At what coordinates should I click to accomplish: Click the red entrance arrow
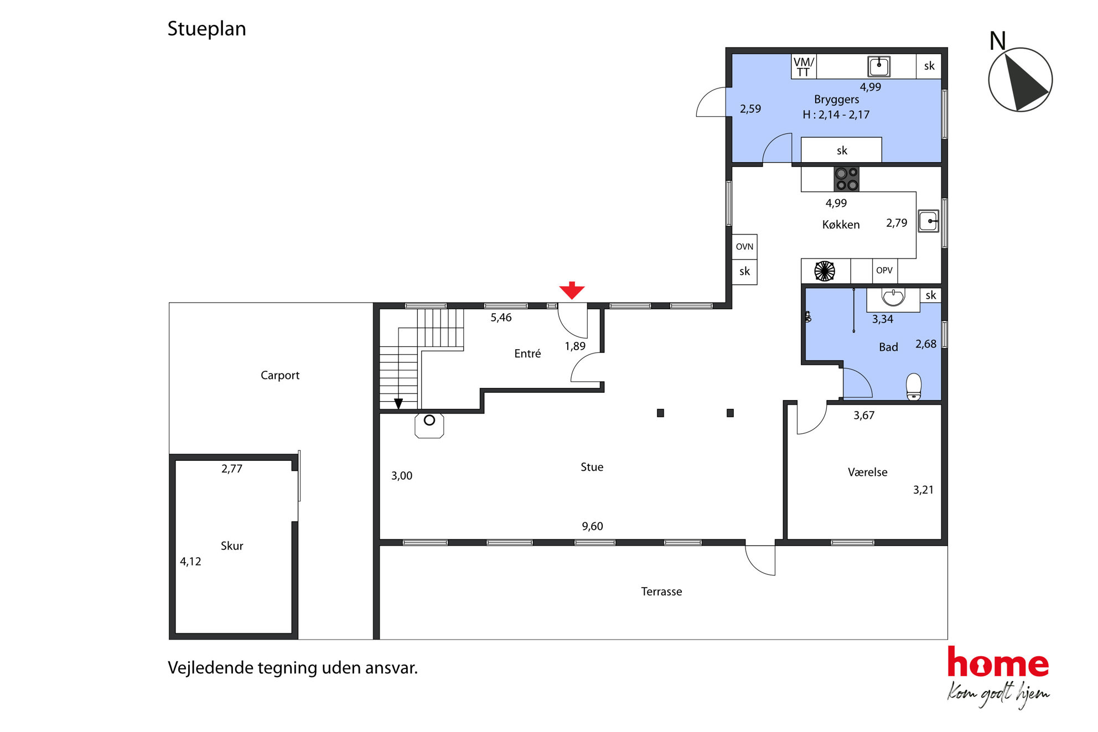572,290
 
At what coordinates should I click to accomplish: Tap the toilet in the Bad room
914,386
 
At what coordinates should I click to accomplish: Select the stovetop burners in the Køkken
846,179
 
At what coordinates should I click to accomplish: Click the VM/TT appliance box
804,66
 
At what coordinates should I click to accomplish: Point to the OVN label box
744,247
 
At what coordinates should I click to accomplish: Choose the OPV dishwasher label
884,271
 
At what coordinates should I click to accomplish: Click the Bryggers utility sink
879,66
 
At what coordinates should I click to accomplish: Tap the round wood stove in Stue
429,425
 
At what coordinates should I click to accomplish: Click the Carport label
280,375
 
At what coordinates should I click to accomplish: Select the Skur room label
232,546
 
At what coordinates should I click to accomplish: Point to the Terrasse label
661,591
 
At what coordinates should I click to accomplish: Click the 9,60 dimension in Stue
592,526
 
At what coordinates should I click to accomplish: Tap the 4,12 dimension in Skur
190,562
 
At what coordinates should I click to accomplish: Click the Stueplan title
206,29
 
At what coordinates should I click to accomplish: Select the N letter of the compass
997,40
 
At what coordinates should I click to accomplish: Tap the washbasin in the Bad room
893,298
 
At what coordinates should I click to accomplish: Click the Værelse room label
868,472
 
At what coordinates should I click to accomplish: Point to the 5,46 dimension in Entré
501,318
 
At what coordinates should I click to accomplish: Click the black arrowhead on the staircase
398,404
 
